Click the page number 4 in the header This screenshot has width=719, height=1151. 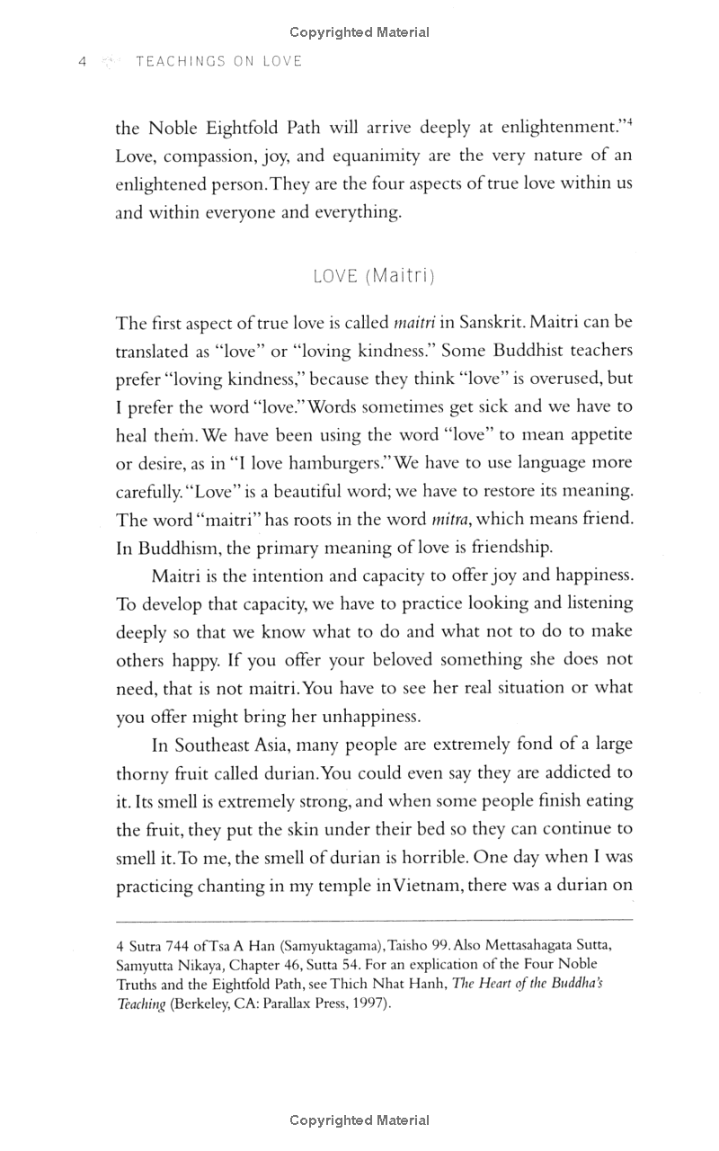(x=82, y=61)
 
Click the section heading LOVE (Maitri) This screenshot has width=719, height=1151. (x=374, y=276)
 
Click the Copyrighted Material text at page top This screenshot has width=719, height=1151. (x=359, y=32)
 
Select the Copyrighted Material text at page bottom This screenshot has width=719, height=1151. (x=359, y=1120)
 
